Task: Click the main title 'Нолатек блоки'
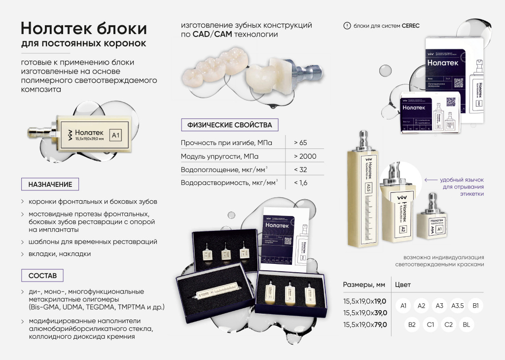[84, 27]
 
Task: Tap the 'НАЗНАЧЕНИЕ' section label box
[50, 184]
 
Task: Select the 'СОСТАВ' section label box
[42, 275]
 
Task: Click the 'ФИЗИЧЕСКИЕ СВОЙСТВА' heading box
[229, 125]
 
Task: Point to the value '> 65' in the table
[300, 143]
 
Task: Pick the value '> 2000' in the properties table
[305, 156]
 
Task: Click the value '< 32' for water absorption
[301, 170]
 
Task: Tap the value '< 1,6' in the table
[301, 183]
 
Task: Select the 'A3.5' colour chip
[458, 306]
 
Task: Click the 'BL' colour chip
[466, 325]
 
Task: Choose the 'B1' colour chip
[476, 306]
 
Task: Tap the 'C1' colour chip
[430, 325]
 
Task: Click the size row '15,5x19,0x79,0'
[364, 324]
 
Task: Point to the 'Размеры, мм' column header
[364, 285]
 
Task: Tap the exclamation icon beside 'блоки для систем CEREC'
[347, 26]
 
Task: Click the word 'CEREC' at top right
[410, 26]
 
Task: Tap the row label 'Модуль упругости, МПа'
[219, 156]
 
